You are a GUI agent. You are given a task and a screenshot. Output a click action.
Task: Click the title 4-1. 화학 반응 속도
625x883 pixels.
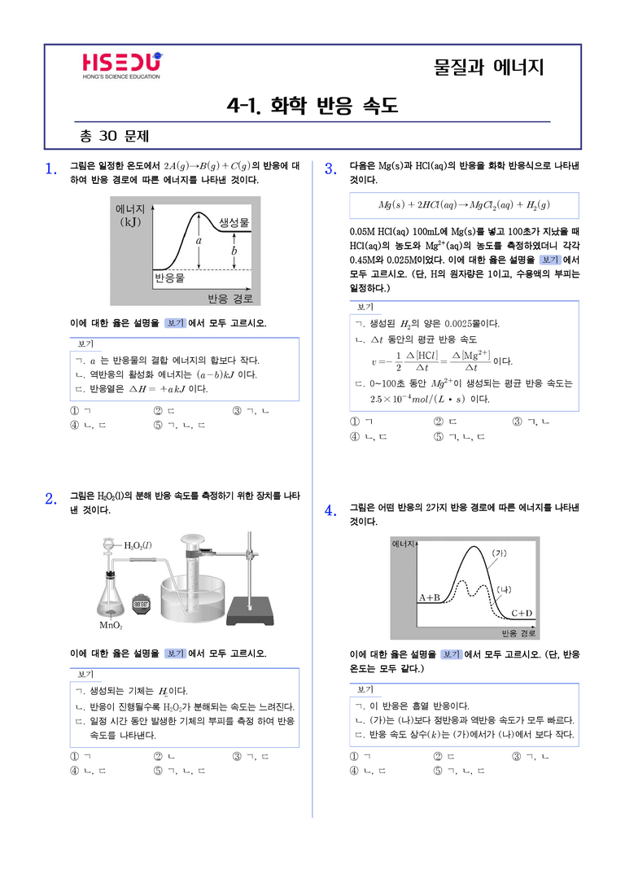click(x=312, y=105)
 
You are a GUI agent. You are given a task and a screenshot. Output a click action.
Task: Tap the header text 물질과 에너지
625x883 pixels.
click(x=489, y=67)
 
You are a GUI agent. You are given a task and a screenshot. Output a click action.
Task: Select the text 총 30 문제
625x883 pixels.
click(x=114, y=136)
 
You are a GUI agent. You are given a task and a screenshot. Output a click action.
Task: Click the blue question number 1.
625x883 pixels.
click(x=50, y=168)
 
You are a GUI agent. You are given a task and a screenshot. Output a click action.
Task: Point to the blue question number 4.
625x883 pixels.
click(x=330, y=511)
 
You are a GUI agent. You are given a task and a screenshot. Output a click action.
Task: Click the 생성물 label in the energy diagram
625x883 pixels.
click(x=234, y=222)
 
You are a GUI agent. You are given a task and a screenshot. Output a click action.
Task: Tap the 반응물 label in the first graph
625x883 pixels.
click(x=169, y=278)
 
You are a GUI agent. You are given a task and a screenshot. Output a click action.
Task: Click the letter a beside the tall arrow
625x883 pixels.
click(x=199, y=240)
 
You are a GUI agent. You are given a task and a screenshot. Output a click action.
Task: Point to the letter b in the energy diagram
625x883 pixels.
click(x=234, y=251)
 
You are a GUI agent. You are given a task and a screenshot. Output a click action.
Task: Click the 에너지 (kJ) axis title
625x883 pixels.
click(x=130, y=215)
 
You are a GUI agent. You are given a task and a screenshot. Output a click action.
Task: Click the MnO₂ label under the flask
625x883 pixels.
click(x=111, y=625)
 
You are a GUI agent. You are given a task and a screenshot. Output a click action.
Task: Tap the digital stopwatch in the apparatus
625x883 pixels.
click(x=141, y=604)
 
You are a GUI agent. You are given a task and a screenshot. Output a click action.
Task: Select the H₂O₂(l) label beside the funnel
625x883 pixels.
click(x=138, y=545)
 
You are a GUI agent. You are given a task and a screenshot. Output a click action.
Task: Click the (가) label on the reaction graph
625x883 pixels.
click(x=499, y=553)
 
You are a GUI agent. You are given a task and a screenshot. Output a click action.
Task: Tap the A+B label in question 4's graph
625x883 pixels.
click(x=429, y=597)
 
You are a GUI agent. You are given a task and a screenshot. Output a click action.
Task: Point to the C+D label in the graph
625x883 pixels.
click(x=522, y=613)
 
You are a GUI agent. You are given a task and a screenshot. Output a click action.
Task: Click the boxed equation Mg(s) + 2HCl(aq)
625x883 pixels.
click(x=464, y=205)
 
